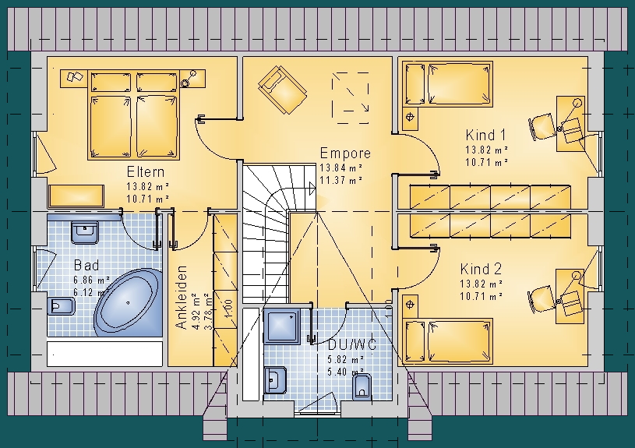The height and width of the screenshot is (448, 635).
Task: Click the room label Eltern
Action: click(x=146, y=171)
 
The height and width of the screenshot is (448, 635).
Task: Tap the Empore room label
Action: click(x=345, y=153)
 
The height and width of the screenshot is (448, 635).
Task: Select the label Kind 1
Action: click(x=485, y=135)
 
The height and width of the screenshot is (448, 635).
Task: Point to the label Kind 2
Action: click(x=481, y=269)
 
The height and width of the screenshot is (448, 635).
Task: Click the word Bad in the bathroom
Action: click(x=86, y=266)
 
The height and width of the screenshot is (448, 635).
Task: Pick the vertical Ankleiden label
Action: click(x=182, y=297)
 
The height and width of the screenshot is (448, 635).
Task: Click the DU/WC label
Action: click(x=352, y=345)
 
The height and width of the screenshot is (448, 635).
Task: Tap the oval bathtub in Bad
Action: click(x=128, y=302)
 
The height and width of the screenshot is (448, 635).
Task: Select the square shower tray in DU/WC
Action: click(x=282, y=326)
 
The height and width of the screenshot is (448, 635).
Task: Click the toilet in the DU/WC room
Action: click(x=362, y=387)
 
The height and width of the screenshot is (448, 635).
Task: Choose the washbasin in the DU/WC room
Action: click(x=275, y=380)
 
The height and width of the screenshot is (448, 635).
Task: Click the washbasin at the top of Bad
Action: click(x=85, y=232)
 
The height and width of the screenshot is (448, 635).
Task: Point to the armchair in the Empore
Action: click(x=282, y=90)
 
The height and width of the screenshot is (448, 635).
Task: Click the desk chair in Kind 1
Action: click(x=542, y=126)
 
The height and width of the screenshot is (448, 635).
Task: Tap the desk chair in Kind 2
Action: click(x=542, y=299)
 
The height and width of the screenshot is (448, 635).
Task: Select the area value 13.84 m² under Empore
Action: click(x=341, y=168)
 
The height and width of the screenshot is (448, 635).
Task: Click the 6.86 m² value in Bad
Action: click(x=91, y=280)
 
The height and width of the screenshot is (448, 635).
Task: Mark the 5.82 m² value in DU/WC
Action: click(x=345, y=359)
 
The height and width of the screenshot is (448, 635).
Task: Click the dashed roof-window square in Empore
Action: click(x=351, y=98)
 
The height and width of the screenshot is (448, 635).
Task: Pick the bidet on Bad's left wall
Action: click(x=61, y=306)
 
